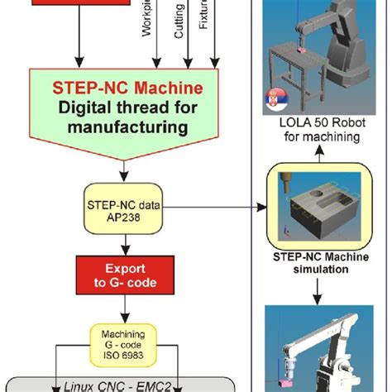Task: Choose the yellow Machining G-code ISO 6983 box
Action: (124, 339)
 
